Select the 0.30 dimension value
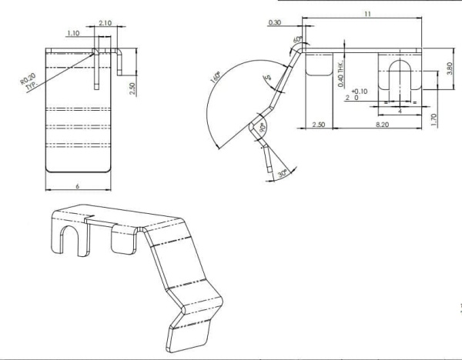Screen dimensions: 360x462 pyautogui.click(x=275, y=23)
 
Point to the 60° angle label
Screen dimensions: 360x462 pyautogui.click(x=296, y=39)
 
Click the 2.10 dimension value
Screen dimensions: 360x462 pyautogui.click(x=105, y=23)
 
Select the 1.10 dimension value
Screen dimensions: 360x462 pyautogui.click(x=73, y=33)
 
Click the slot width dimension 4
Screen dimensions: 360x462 pyautogui.click(x=399, y=110)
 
